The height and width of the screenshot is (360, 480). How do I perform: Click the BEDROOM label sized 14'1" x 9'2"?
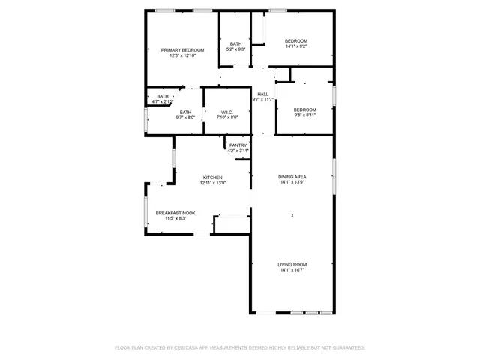pyautogui.click(x=296, y=40)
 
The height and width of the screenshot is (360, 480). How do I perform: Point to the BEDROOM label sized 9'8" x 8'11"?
pyautogui.click(x=304, y=109)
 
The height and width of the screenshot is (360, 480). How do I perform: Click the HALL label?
pyautogui.click(x=263, y=94)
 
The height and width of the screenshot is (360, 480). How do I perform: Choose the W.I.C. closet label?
pyautogui.click(x=227, y=112)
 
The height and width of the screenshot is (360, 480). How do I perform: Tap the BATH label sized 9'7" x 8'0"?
pyautogui.click(x=185, y=112)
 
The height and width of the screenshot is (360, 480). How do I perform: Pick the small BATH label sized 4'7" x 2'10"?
pyautogui.click(x=163, y=96)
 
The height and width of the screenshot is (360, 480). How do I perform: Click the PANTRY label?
pyautogui.click(x=238, y=145)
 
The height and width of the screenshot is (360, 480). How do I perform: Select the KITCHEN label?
pyautogui.click(x=212, y=177)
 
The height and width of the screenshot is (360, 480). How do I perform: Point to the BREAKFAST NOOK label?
pyautogui.click(x=175, y=213)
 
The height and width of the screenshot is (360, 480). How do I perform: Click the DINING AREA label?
pyautogui.click(x=293, y=177)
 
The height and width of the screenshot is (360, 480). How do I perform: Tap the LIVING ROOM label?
pyautogui.click(x=293, y=264)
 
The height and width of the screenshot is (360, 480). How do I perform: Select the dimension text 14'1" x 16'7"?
pyautogui.click(x=293, y=270)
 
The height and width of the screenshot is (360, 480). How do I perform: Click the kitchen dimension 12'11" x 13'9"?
pyautogui.click(x=212, y=183)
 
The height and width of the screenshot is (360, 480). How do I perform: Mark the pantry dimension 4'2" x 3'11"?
pyautogui.click(x=238, y=151)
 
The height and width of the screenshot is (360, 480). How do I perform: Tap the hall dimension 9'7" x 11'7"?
pyautogui.click(x=263, y=99)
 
